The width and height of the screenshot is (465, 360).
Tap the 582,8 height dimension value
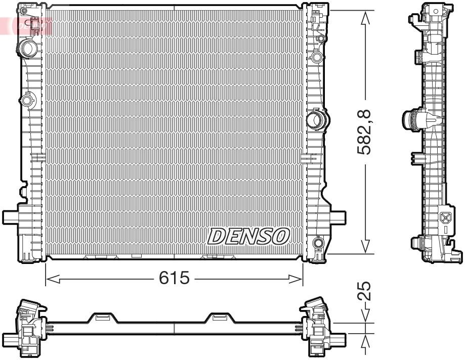(x=365, y=132)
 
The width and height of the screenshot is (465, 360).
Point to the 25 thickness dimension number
(x=365, y=291)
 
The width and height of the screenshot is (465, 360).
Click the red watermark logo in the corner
(x=28, y=24)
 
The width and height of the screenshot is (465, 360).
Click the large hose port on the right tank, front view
(x=317, y=120)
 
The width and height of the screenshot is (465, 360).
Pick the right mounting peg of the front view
(x=337, y=217)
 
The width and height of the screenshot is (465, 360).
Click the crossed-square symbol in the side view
(x=445, y=218)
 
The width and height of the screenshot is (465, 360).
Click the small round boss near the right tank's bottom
(x=318, y=243)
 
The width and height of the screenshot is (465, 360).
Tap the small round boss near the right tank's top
(x=317, y=56)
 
